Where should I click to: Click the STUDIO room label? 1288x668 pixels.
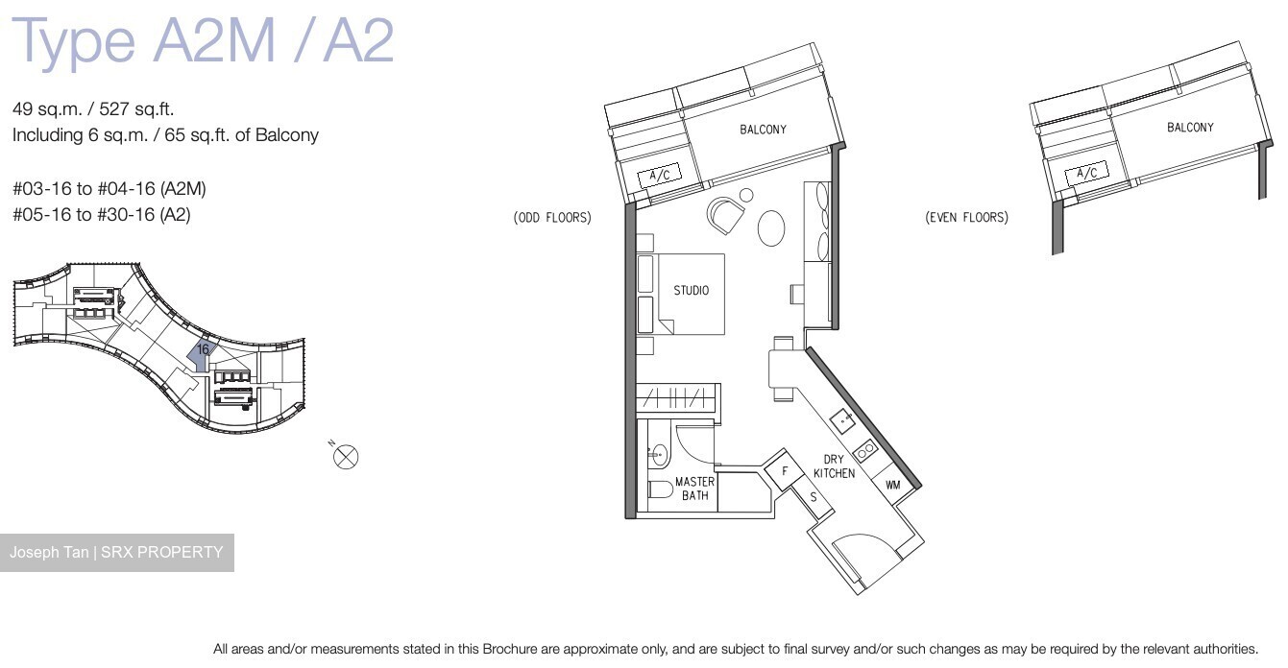click(691, 291)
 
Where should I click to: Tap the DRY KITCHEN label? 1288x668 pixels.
click(833, 466)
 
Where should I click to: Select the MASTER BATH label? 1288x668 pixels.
click(693, 489)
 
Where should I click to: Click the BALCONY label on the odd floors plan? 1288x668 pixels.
click(763, 130)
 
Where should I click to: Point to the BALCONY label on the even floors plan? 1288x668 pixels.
click(1189, 128)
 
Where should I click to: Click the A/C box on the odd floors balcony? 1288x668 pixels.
click(660, 176)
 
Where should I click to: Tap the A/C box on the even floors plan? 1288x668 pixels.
click(1086, 174)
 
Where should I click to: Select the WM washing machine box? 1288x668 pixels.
click(892, 485)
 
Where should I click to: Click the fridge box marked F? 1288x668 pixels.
click(785, 471)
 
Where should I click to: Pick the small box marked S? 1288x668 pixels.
click(814, 497)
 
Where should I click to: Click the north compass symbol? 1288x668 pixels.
click(346, 456)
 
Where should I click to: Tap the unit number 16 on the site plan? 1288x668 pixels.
click(203, 350)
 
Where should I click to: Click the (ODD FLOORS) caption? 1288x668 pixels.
click(552, 218)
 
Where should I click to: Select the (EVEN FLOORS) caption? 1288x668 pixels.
click(966, 218)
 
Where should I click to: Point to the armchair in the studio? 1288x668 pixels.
click(725, 213)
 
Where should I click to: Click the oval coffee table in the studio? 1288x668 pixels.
click(771, 228)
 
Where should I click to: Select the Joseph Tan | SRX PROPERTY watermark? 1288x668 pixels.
click(116, 553)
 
